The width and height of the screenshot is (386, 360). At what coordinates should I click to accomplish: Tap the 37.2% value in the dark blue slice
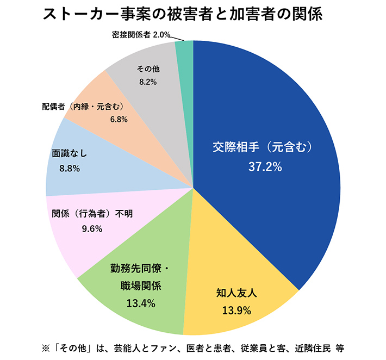click(265, 167)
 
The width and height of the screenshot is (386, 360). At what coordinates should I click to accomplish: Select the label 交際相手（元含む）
click(264, 148)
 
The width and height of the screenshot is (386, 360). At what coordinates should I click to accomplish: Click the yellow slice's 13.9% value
click(236, 311)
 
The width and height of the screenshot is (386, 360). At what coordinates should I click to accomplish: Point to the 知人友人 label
click(236, 294)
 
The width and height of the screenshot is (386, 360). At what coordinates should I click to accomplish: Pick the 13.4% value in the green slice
click(141, 303)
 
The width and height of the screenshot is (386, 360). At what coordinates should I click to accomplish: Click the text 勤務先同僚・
click(140, 268)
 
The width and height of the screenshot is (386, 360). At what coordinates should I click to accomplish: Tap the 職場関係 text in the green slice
click(141, 285)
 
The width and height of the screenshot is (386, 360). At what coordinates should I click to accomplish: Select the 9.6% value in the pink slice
click(92, 229)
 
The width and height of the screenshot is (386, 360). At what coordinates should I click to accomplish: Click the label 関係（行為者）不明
click(92, 213)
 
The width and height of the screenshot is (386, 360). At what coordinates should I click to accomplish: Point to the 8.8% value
click(69, 169)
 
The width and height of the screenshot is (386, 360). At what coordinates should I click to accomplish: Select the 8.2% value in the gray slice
click(147, 82)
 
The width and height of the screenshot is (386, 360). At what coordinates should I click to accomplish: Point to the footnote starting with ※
click(192, 347)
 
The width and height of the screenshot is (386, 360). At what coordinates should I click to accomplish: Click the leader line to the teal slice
click(178, 38)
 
